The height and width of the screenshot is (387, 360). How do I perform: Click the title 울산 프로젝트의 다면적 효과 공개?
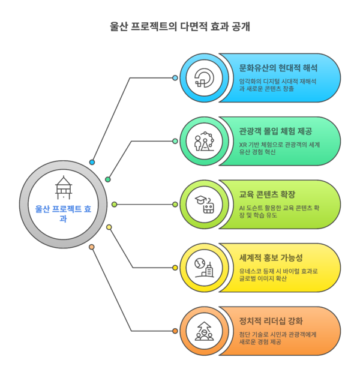tap(180, 26)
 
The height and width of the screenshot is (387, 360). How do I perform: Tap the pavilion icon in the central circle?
tap(63, 187)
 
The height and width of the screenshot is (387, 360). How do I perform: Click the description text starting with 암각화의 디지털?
tap(278, 85)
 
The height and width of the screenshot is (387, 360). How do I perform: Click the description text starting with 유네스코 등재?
tap(278, 275)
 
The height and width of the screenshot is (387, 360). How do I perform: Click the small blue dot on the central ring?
tap(92, 163)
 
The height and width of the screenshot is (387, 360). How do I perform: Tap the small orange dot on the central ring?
tap(92, 247)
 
